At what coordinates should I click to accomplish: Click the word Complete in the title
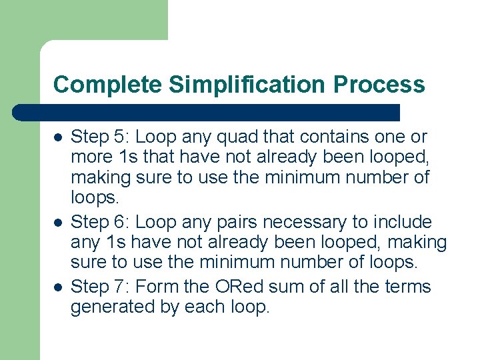[107, 85]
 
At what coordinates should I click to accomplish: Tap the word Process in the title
[379, 85]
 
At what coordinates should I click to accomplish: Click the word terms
[406, 287]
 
